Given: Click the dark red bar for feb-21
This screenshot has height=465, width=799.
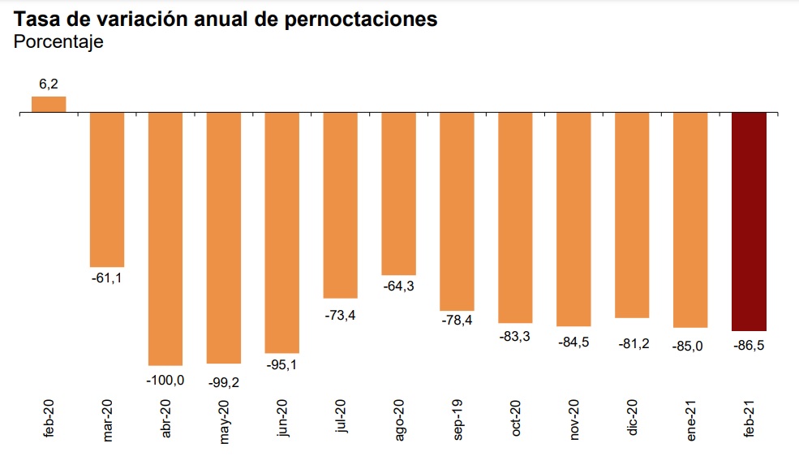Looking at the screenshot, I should (x=749, y=222).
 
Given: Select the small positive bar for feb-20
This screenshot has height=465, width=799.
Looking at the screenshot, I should (x=49, y=105).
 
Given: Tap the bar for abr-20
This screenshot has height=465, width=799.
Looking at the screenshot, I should (x=165, y=239).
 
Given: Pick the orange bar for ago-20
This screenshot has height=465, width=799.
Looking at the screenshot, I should (x=398, y=194).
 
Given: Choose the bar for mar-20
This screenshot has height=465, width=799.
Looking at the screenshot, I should (x=106, y=190).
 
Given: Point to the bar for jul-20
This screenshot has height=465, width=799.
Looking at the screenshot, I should (x=340, y=205).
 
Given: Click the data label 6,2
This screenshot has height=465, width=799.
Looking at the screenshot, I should (x=49, y=84).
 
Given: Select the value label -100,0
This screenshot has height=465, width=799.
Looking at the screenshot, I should (x=165, y=379).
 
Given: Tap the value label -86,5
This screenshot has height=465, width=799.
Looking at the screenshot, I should (x=749, y=345).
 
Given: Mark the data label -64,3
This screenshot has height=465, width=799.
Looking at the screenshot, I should (x=398, y=286).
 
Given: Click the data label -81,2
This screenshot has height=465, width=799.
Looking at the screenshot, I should (x=632, y=333).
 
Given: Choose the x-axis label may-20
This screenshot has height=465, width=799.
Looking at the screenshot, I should (x=224, y=421).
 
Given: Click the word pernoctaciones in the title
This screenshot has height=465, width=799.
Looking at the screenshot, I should (x=361, y=20).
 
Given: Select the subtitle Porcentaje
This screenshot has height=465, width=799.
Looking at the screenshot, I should (x=59, y=43).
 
